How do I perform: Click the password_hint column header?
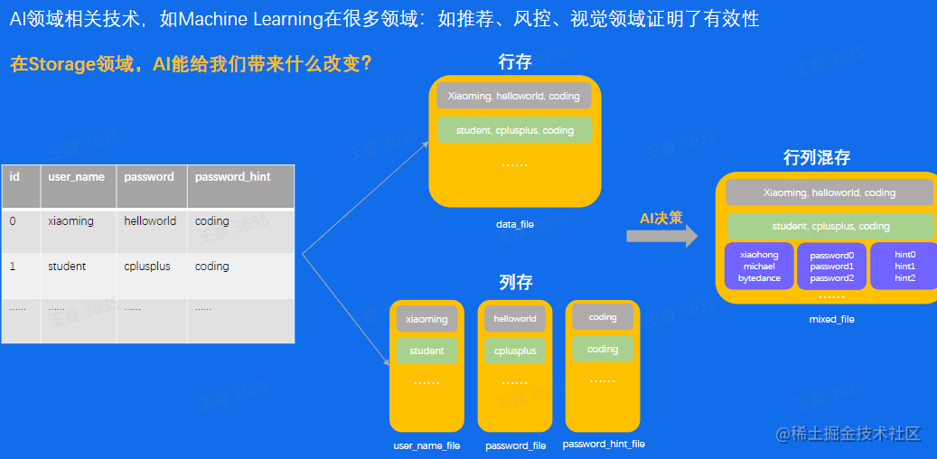[x=232, y=177]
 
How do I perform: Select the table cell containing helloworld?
[x=150, y=221]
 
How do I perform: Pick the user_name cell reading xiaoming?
[x=70, y=221]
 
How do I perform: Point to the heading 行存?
[x=515, y=61]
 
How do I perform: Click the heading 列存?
[x=515, y=283]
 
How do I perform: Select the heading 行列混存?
[x=817, y=158]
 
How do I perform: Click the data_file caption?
[x=514, y=224]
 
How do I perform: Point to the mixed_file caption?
[x=831, y=319]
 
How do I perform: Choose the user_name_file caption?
[x=426, y=445]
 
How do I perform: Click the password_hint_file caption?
[x=604, y=444]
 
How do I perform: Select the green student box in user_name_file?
[x=426, y=351]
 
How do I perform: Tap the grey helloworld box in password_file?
[x=515, y=319]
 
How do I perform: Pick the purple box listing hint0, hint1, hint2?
[x=904, y=267]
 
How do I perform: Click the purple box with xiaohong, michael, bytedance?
[x=759, y=267]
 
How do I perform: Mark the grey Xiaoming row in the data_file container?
[x=514, y=96]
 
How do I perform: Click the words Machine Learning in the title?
[x=245, y=18]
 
